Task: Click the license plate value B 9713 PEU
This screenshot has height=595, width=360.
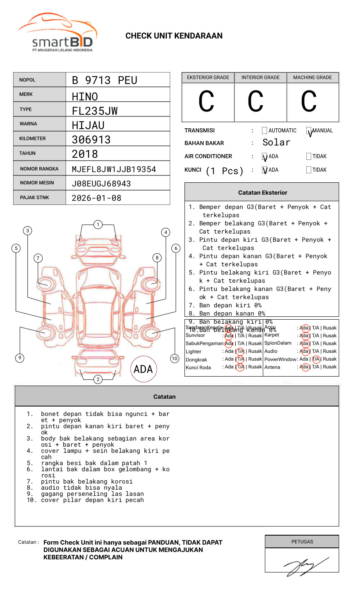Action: pos(104,80)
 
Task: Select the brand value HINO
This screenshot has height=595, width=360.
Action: pos(85,97)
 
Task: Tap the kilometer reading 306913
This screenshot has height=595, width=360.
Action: pos(91,140)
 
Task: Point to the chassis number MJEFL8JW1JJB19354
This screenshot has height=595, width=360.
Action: pos(114,169)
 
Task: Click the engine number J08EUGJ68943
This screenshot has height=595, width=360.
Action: pos(101,184)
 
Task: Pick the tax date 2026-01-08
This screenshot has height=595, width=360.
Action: pos(96,198)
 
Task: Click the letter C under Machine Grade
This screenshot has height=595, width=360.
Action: pos(309,102)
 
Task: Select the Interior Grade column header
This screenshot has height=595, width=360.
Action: pos(260,77)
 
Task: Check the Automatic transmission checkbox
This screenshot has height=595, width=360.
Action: pos(264,131)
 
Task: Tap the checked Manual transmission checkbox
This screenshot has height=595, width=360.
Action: pos(309,131)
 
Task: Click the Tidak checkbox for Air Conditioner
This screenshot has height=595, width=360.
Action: pos(309,156)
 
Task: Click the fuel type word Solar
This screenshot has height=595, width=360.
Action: pos(276,143)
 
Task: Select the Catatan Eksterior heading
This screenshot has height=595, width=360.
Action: pos(262,193)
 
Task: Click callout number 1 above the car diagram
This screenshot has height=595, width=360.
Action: pos(98,224)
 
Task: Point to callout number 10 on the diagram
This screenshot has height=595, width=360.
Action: pos(175,359)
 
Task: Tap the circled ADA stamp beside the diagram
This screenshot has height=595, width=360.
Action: pos(143,369)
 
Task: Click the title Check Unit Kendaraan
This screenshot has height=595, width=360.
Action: pos(174,36)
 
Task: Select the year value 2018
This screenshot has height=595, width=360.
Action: pos(85,154)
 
